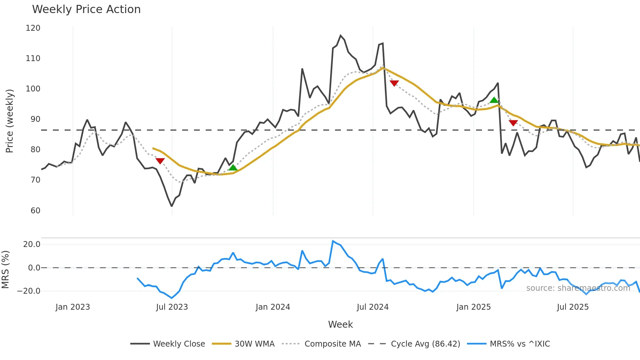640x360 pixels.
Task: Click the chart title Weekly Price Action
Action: pyautogui.click(x=86, y=9)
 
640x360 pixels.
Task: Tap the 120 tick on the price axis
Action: pyautogui.click(x=33, y=28)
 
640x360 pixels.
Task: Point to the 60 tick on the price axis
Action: pyautogui.click(x=35, y=210)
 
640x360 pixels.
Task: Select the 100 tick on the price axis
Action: pyautogui.click(x=33, y=89)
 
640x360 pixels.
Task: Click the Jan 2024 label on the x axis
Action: pyautogui.click(x=273, y=307)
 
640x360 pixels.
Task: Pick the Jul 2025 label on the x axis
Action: pyautogui.click(x=573, y=307)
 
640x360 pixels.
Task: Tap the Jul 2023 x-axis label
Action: pyautogui.click(x=172, y=307)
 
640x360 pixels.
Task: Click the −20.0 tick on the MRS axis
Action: pyautogui.click(x=29, y=291)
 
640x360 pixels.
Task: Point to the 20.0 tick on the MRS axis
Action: pyautogui.click(x=32, y=244)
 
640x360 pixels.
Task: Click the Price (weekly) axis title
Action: pyautogui.click(x=9, y=121)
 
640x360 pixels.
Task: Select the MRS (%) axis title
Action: pyautogui.click(x=5, y=270)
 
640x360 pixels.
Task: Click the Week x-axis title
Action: pyautogui.click(x=340, y=324)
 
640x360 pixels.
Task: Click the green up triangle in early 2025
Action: pyautogui.click(x=494, y=100)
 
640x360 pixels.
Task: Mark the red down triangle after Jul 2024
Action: pyautogui.click(x=394, y=83)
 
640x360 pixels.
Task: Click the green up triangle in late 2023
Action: pyautogui.click(x=233, y=168)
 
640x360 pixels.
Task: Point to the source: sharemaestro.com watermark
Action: pyautogui.click(x=578, y=288)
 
